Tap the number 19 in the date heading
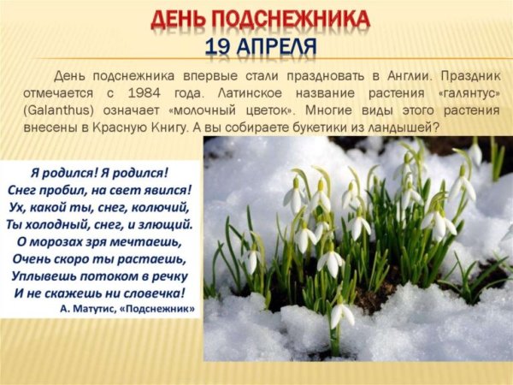219,46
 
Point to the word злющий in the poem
168,224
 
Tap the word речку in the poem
169,275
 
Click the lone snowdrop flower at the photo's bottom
341,314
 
